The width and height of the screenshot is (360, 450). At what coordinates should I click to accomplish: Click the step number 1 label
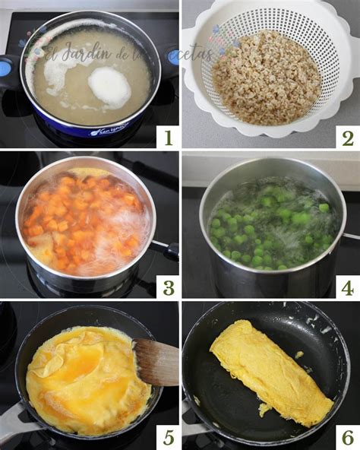point(166,137)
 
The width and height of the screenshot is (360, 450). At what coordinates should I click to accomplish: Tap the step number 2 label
point(347,137)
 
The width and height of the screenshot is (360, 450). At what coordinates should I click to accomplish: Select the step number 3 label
point(166,287)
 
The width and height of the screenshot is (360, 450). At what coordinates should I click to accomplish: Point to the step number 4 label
point(347,287)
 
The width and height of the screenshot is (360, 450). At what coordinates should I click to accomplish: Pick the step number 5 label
point(166,438)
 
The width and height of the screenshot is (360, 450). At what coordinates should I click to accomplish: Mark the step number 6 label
point(347,438)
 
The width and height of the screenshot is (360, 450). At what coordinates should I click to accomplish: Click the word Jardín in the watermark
point(90,52)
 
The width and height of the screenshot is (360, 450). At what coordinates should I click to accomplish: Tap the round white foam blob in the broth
point(109,87)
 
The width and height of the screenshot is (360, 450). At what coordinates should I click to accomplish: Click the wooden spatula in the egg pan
point(156,362)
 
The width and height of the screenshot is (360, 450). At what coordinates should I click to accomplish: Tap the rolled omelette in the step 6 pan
point(270,372)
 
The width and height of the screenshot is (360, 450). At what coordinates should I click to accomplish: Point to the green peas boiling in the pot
point(270,224)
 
